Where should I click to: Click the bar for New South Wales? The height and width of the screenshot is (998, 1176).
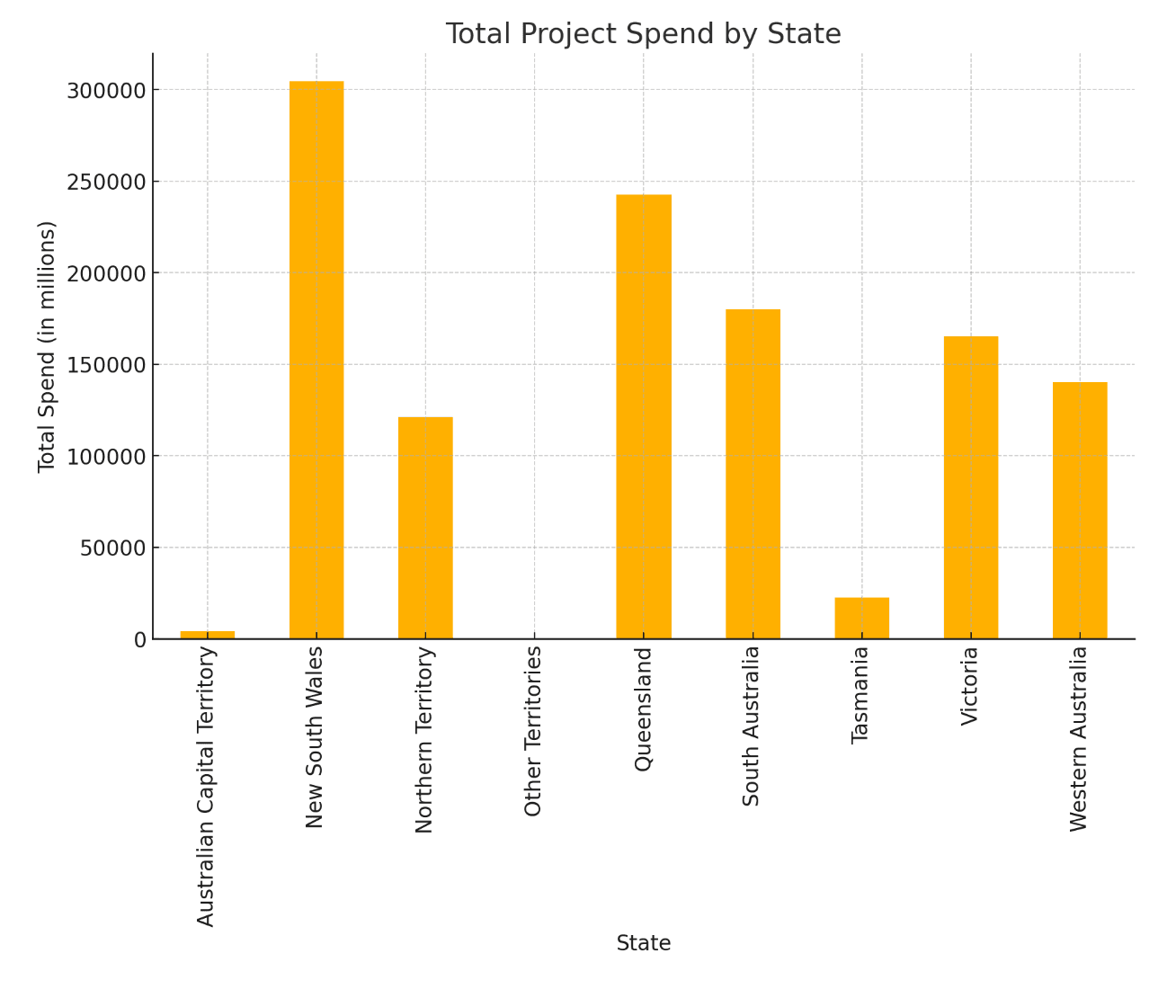316,360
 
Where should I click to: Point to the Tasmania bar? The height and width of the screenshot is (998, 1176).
861,618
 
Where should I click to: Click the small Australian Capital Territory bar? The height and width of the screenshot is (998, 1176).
208,635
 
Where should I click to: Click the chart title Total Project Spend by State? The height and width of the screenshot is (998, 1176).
644,34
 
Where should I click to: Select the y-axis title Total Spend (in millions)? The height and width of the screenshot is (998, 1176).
47,346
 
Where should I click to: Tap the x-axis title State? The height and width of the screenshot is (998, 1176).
644,943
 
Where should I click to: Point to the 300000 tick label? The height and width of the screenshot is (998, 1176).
106,91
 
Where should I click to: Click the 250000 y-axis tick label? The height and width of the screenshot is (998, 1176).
106,183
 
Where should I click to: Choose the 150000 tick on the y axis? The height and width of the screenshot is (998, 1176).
106,365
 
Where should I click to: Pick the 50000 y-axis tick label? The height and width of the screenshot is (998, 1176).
112,548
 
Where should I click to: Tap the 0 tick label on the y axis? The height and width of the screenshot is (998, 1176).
140,639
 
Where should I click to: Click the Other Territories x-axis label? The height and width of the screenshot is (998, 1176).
534,731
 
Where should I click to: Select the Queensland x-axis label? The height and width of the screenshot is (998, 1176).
644,708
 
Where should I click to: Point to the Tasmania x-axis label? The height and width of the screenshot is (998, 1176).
861,695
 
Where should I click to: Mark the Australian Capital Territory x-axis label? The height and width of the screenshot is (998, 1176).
207,786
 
